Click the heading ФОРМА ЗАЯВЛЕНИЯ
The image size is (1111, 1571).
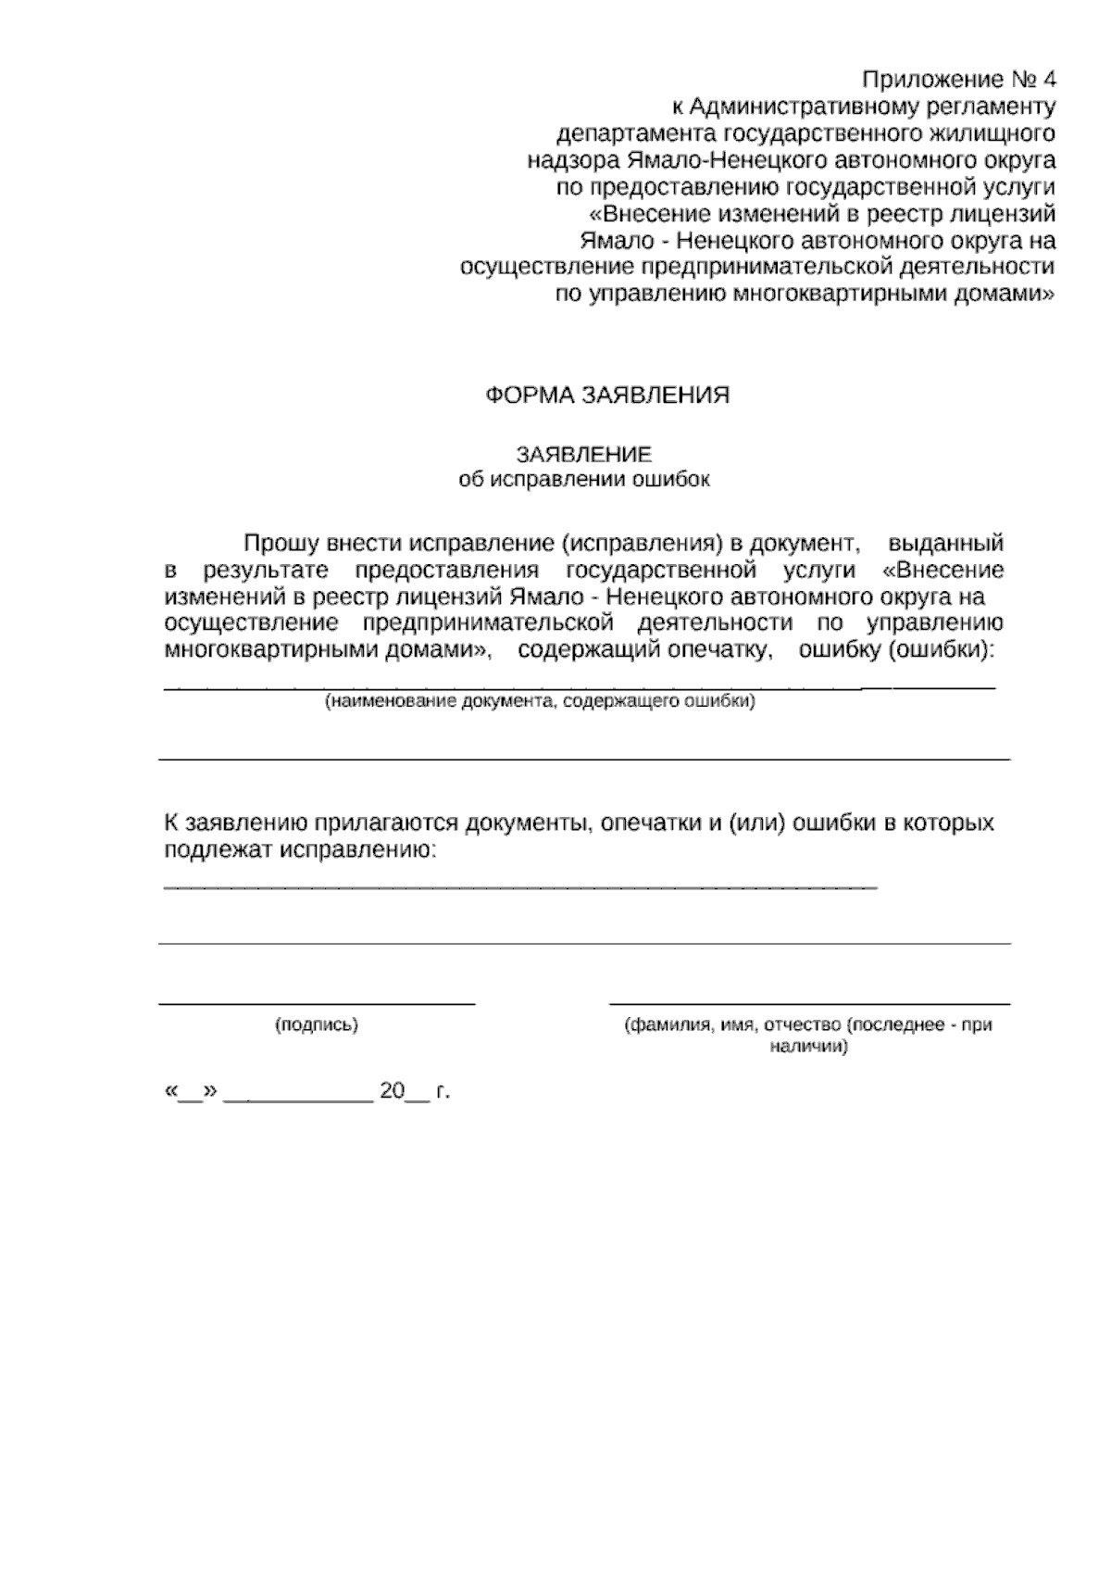click(x=607, y=396)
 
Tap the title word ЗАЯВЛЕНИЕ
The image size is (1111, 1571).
click(x=584, y=455)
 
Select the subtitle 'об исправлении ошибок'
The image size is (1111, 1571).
click(x=584, y=480)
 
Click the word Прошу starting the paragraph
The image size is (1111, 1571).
click(x=276, y=543)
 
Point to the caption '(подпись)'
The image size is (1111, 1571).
click(x=317, y=1025)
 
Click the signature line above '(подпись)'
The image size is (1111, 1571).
click(x=317, y=1002)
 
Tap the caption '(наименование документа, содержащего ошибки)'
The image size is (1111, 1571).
click(x=539, y=702)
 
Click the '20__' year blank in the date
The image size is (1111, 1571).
click(x=405, y=1091)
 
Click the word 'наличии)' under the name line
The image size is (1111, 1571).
click(x=808, y=1048)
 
